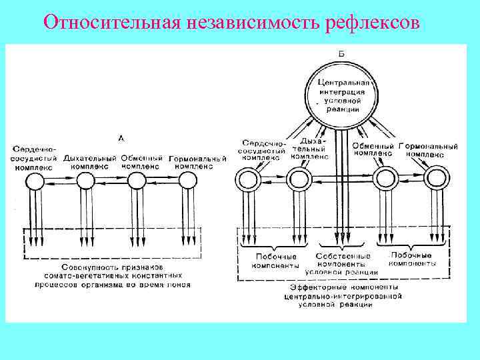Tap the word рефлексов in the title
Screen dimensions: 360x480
point(375,23)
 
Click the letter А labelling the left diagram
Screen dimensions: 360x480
point(121,138)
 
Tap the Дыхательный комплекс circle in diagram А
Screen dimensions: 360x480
point(85,180)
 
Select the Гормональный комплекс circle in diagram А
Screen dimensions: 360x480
point(188,180)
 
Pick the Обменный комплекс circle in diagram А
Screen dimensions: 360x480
point(137,180)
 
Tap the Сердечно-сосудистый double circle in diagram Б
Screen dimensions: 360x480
point(248,179)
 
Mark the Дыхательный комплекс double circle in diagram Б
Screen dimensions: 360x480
point(299,179)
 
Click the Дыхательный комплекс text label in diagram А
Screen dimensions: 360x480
point(89,161)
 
